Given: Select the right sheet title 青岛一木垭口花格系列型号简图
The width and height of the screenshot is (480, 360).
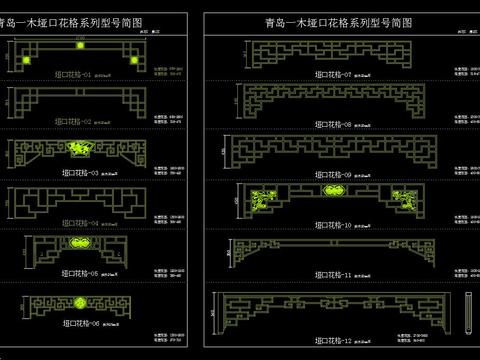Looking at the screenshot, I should click(x=339, y=20).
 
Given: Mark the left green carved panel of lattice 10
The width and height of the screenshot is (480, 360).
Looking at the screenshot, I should click(x=265, y=201).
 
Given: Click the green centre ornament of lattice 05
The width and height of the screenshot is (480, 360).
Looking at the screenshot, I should click(x=75, y=243).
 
